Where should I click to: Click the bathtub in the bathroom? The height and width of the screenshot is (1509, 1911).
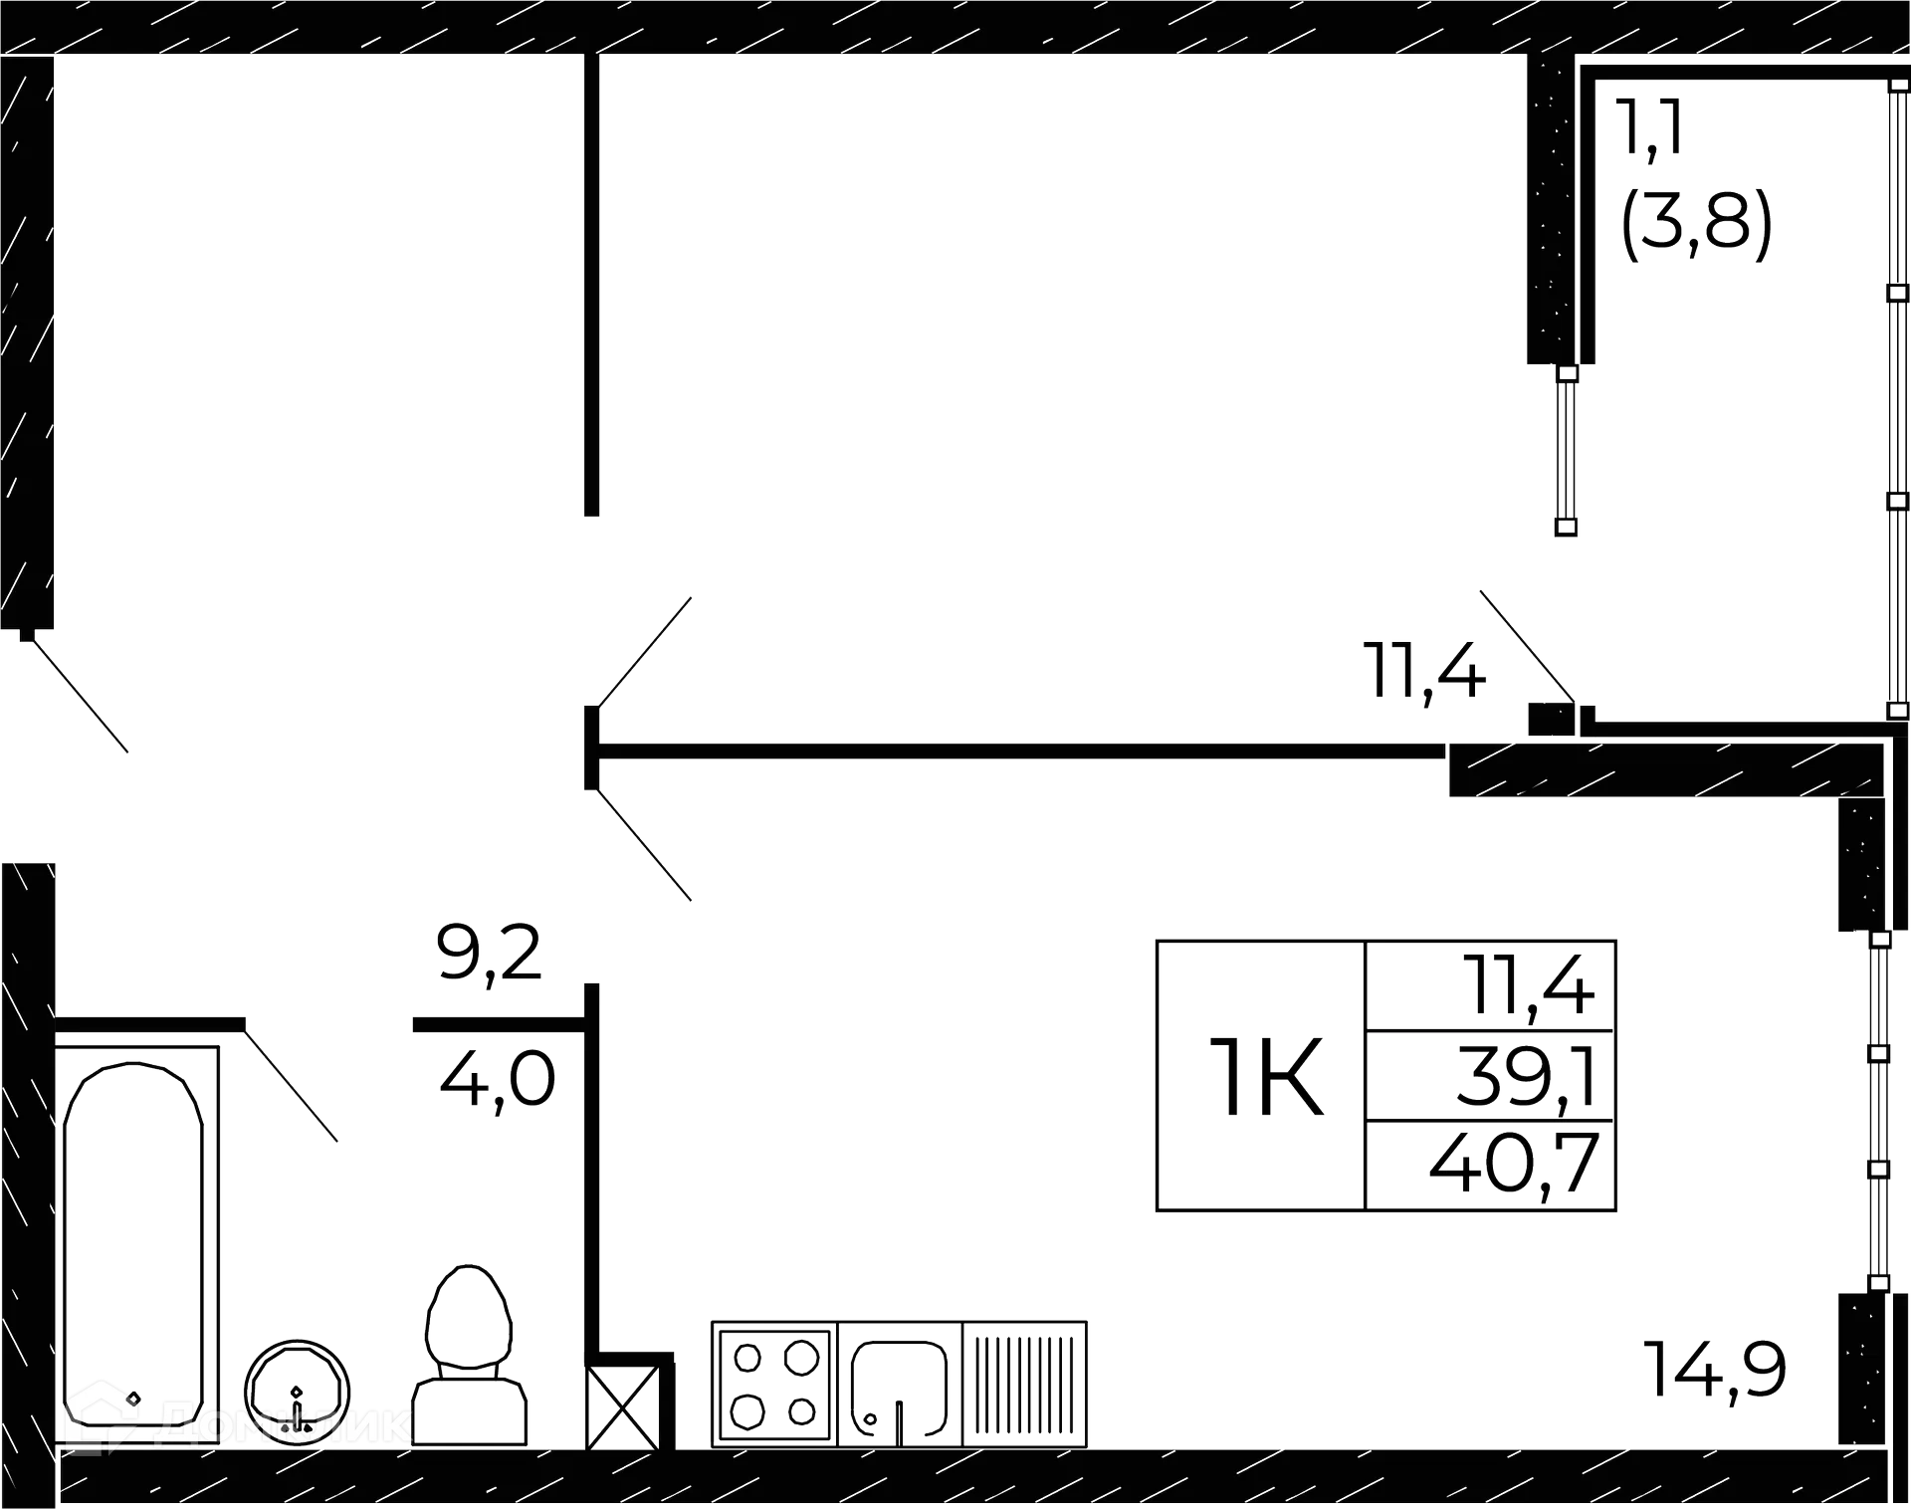(135, 1224)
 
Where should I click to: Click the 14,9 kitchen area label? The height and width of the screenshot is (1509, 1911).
(1714, 1370)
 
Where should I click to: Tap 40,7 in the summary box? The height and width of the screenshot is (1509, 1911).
(1512, 1166)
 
